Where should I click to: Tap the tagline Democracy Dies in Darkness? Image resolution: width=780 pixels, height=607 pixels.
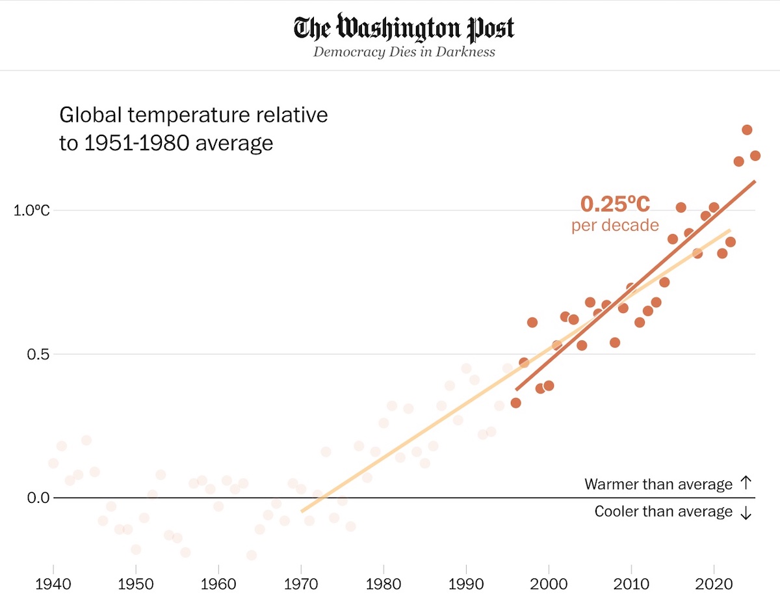tap(404, 52)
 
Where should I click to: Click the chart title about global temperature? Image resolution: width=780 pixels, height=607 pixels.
tap(194, 129)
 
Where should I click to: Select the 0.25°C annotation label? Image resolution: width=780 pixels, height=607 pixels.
tap(615, 204)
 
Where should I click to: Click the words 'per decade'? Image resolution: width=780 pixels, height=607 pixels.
tap(615, 226)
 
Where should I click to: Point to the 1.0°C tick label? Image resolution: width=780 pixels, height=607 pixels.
tap(32, 211)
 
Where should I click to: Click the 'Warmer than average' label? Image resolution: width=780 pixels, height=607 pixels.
tap(658, 484)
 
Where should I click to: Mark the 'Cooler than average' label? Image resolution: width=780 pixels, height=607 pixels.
tap(663, 512)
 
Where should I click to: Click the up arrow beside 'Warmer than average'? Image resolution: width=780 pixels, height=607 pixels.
tap(746, 483)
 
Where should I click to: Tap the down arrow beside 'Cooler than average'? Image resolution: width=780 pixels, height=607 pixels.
tap(746, 513)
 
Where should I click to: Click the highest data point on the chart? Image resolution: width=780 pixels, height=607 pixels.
tap(747, 130)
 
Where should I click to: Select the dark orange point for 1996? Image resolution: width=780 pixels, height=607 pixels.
tap(516, 403)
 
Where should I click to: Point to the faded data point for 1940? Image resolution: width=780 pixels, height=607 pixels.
tap(53, 463)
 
